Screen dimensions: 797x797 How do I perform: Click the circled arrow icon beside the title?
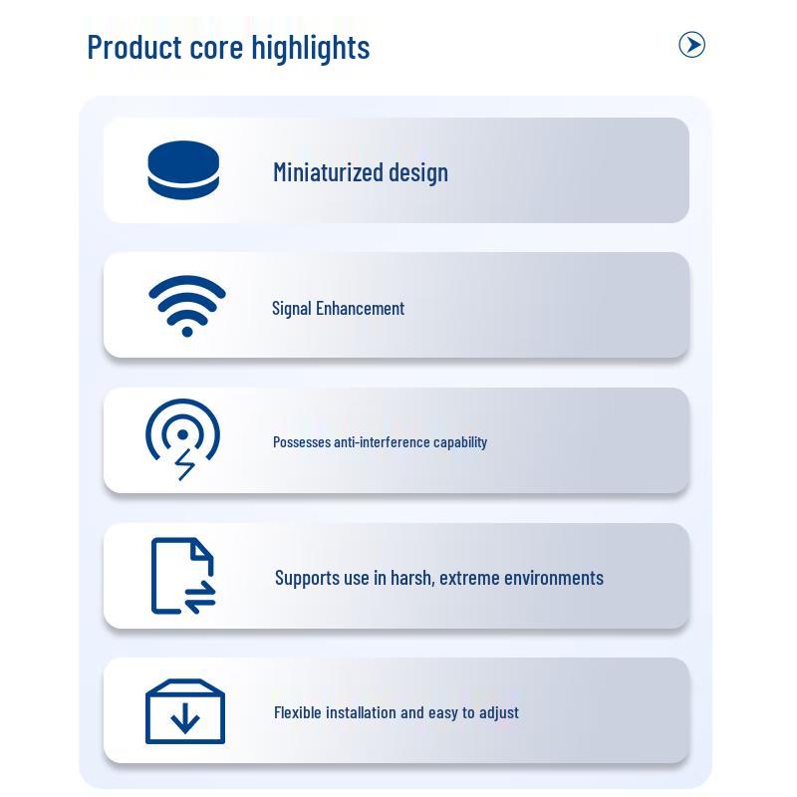pos(691,45)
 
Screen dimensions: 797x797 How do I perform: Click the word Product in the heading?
pos(134,47)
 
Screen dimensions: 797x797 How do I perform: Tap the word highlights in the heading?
pos(311,48)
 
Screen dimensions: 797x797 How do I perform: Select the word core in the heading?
pos(216,49)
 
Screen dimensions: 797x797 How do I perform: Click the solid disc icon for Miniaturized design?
pos(183,169)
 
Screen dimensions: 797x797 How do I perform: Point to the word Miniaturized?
pos(328,171)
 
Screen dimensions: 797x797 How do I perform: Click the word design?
pos(418,172)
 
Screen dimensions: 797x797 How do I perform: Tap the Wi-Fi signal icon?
pos(187,306)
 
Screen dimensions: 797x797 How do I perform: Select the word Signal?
pos(291,309)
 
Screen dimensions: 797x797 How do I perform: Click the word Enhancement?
pos(360,308)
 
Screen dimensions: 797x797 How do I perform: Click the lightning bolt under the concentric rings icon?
pos(184,464)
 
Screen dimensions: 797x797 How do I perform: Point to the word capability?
pos(460,442)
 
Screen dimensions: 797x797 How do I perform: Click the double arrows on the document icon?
pos(200,596)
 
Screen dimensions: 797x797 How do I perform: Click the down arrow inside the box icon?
pos(185,718)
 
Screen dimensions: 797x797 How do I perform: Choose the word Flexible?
pos(297,712)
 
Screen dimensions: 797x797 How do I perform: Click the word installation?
pos(361,712)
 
